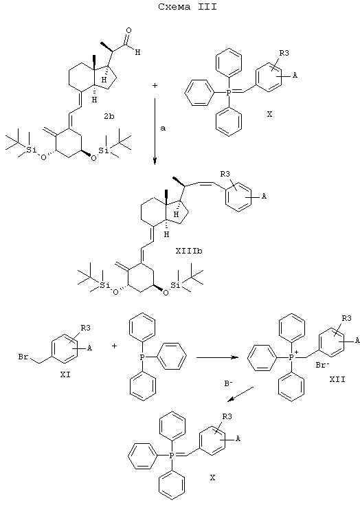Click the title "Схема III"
click(x=188, y=7)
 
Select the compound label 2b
click(x=109, y=116)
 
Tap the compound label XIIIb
click(x=189, y=251)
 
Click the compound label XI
click(x=65, y=375)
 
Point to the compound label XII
click(x=337, y=379)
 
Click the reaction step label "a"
click(x=163, y=128)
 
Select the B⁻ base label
click(x=228, y=383)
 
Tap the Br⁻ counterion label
click(x=322, y=366)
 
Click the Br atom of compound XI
click(x=23, y=357)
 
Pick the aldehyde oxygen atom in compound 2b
click(x=129, y=31)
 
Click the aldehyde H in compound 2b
click(x=138, y=52)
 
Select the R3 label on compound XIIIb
click(x=225, y=175)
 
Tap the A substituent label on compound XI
click(x=90, y=348)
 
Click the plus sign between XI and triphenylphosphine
click(x=114, y=346)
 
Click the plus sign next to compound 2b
click(x=155, y=86)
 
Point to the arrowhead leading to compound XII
click(x=236, y=357)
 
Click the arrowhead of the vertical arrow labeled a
click(x=155, y=161)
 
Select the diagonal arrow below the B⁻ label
click(x=240, y=394)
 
